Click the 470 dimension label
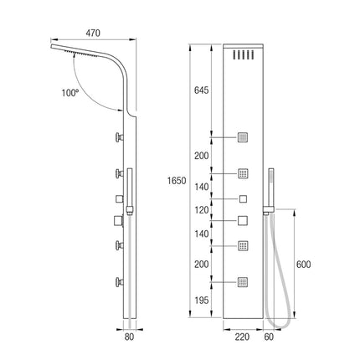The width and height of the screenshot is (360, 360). click(x=93, y=33)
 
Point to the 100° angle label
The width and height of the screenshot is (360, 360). click(x=69, y=92)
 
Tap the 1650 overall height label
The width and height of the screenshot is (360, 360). click(x=177, y=181)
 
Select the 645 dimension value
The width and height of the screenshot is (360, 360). click(x=201, y=90)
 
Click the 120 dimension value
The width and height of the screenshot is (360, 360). click(x=202, y=209)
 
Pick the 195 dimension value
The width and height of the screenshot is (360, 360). click(x=202, y=300)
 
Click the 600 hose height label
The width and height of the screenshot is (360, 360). click(x=303, y=264)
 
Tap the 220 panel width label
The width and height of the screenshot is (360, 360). click(x=242, y=337)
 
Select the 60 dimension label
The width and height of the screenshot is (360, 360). click(x=269, y=337)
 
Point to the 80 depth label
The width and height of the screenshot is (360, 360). click(x=129, y=337)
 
